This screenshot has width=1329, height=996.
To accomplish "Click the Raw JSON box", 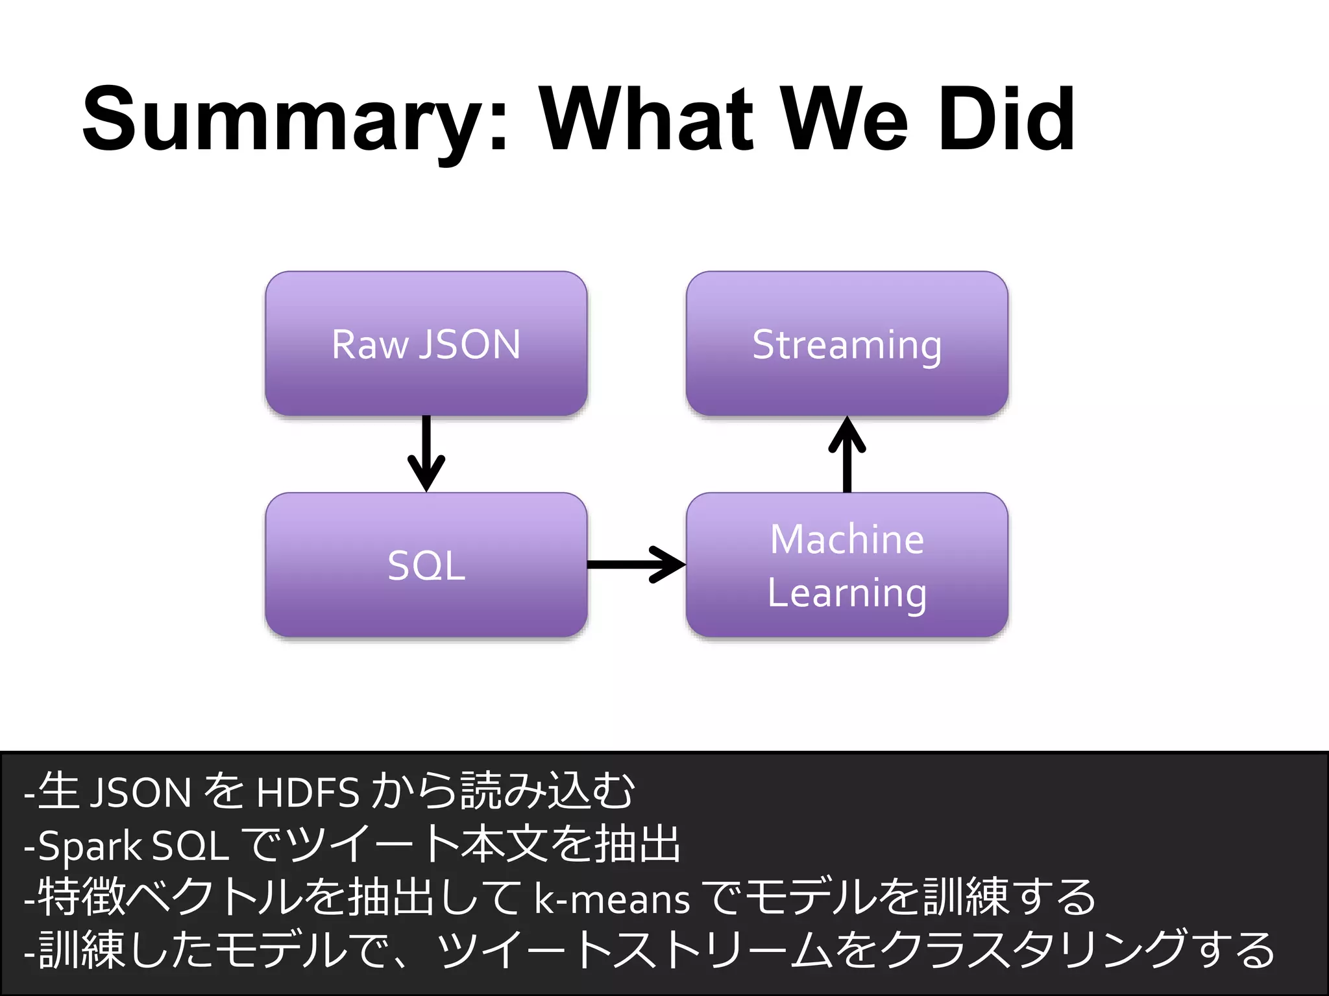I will point(426,344).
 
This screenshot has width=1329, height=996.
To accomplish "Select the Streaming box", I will point(847,344).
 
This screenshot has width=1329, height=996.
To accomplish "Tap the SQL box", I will point(426,565).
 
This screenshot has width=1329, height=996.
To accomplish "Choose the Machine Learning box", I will point(847,565).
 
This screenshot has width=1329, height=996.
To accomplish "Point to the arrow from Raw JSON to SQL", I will point(426,454).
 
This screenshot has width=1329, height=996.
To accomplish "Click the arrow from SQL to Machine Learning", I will point(637,565).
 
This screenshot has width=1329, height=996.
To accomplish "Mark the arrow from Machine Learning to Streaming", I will point(847,454).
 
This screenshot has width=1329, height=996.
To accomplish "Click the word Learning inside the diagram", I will point(847,593).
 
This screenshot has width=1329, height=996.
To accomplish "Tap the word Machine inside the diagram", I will point(847,539).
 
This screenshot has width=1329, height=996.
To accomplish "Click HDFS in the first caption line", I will point(308,792).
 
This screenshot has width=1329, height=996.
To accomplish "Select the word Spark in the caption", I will point(90,846).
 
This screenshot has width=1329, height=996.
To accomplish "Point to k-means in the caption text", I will point(612,900).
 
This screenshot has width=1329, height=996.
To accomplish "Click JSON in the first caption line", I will point(140,792).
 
